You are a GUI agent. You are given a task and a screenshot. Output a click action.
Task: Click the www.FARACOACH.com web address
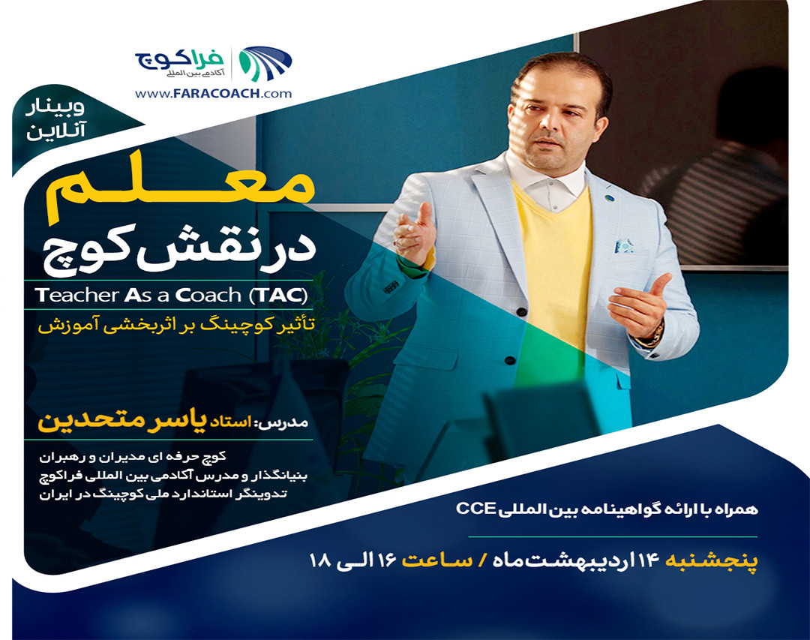coord(214,94)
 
